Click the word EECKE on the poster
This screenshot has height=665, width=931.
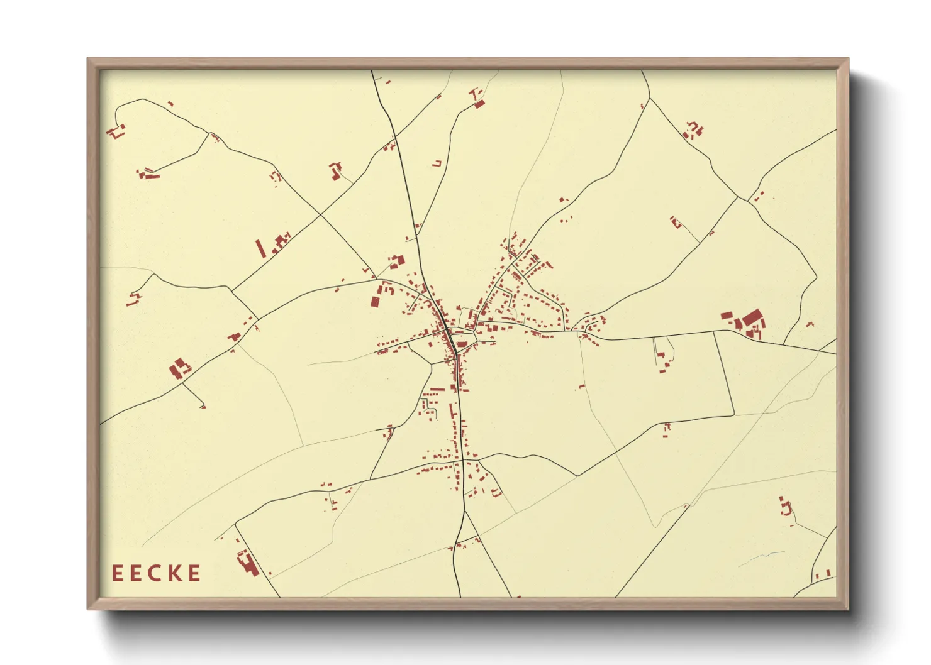pyautogui.click(x=157, y=573)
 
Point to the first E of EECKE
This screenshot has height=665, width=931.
pyautogui.click(x=117, y=573)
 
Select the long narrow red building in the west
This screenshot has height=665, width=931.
pyautogui.click(x=260, y=248)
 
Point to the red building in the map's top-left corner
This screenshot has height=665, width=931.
pyautogui.click(x=115, y=131)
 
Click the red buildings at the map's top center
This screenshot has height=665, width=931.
pyautogui.click(x=478, y=100)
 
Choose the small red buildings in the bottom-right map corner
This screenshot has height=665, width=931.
pyautogui.click(x=824, y=574)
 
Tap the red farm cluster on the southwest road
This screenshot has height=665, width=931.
pyautogui.click(x=179, y=368)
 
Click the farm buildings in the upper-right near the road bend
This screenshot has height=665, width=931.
pyautogui.click(x=693, y=131)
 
